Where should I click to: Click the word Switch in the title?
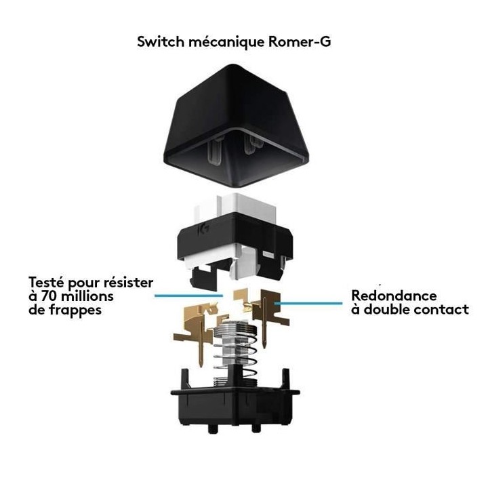click(x=158, y=42)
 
